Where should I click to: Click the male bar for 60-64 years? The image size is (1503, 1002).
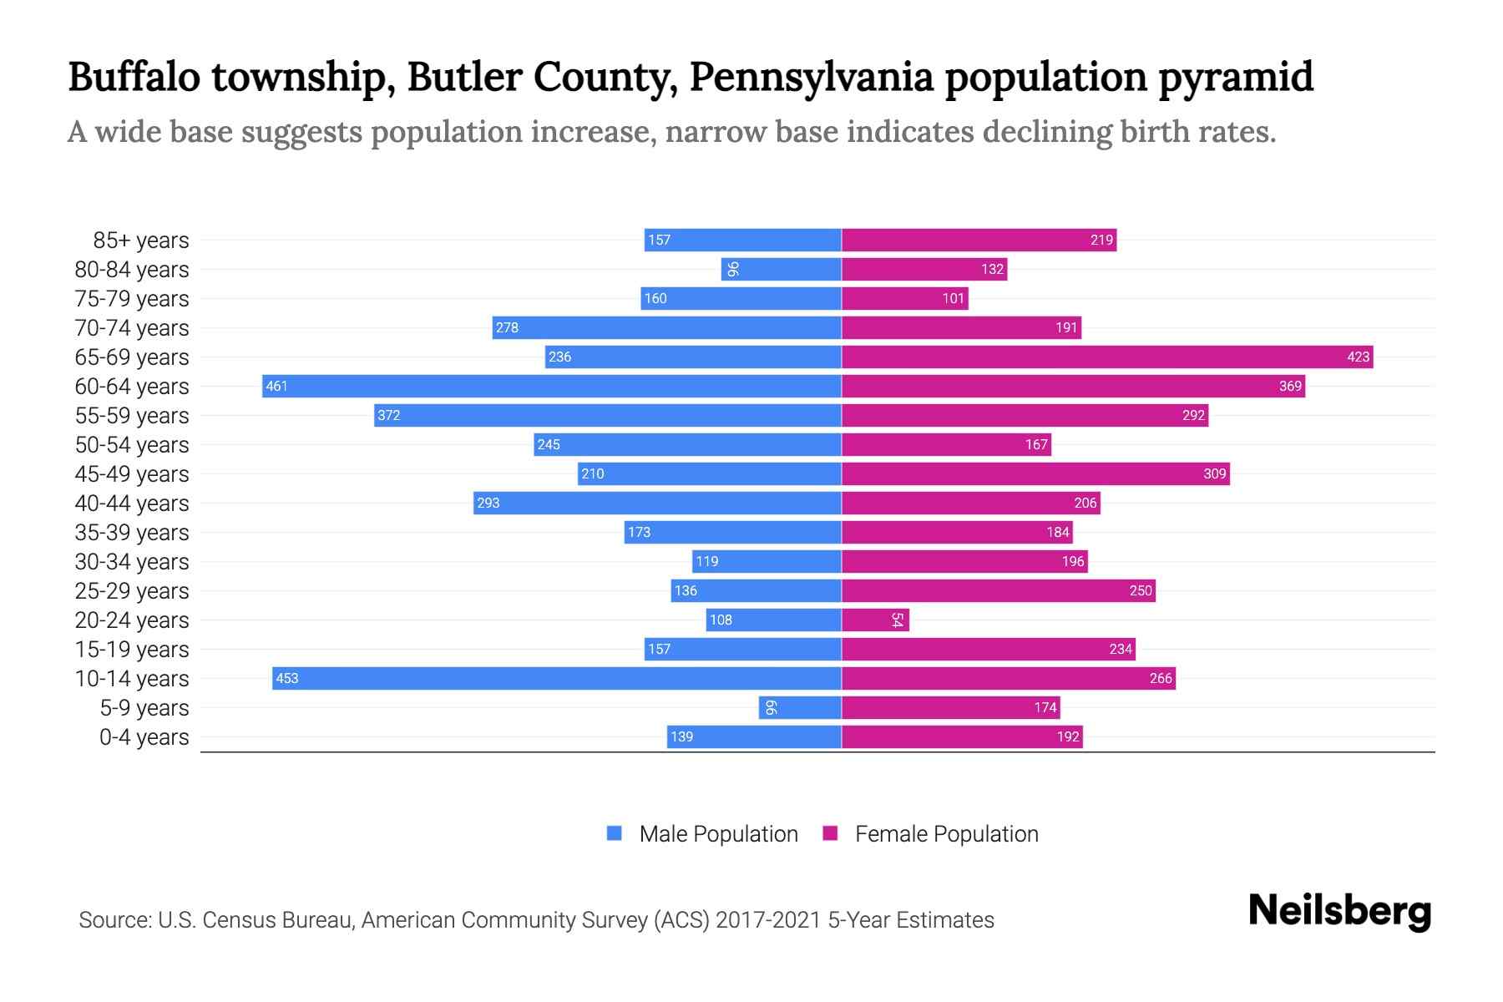tap(551, 386)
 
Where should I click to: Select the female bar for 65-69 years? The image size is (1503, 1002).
tap(1106, 357)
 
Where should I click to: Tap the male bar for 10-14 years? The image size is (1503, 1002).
tap(556, 678)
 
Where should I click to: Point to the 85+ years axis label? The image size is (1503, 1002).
tap(140, 240)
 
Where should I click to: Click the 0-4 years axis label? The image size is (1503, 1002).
tap(144, 737)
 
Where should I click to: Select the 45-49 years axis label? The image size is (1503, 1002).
tap(132, 474)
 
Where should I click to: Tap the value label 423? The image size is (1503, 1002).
tap(1358, 357)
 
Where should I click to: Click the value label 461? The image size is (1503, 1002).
tap(276, 386)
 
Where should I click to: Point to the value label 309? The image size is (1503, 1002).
tap(1214, 473)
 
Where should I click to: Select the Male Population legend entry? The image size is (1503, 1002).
tap(702, 833)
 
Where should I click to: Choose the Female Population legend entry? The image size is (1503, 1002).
tap(930, 833)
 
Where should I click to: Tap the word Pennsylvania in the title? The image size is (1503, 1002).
tap(811, 77)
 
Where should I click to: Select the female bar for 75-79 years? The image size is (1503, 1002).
tap(904, 298)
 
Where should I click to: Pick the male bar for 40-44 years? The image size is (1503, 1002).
tap(657, 503)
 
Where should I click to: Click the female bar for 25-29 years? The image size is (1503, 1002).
tap(998, 590)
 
